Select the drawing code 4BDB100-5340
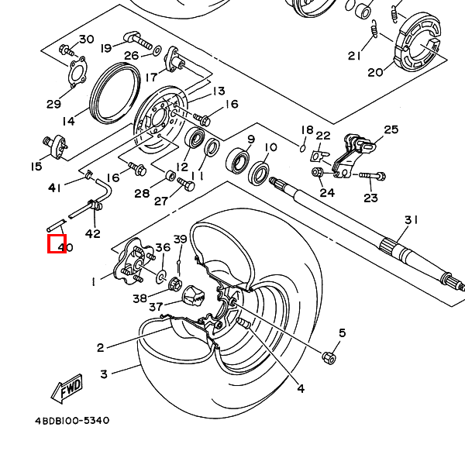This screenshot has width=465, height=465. click(x=71, y=421)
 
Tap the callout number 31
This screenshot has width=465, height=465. click(x=411, y=220)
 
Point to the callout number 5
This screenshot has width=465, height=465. click(x=341, y=333)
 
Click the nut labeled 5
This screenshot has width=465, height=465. click(x=329, y=356)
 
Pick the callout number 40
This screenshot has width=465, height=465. click(x=65, y=248)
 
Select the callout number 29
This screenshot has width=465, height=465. click(x=53, y=105)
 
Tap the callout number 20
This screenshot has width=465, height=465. click(x=375, y=73)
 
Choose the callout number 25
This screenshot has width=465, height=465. click(x=391, y=129)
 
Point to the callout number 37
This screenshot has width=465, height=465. click(x=156, y=307)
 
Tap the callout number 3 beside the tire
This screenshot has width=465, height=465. click(x=104, y=374)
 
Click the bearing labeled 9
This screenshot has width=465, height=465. click(x=237, y=161)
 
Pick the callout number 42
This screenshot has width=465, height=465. click(x=92, y=234)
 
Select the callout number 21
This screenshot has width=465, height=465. click(x=355, y=56)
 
